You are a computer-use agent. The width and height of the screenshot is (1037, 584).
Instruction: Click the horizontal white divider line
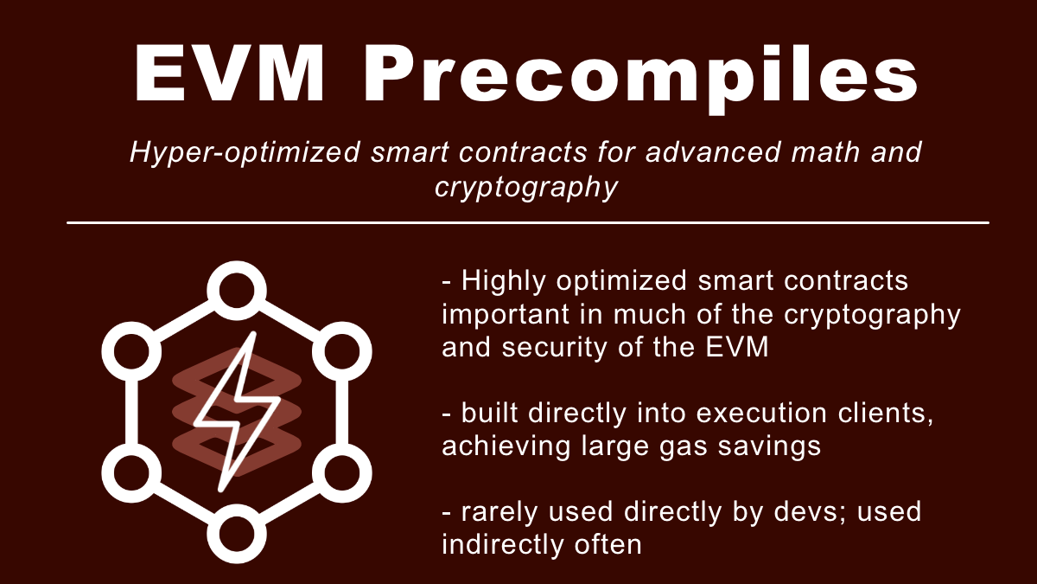(x=527, y=222)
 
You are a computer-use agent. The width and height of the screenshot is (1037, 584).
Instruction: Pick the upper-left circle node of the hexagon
(x=131, y=349)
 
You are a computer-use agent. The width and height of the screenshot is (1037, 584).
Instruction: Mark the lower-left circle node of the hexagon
(x=131, y=471)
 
